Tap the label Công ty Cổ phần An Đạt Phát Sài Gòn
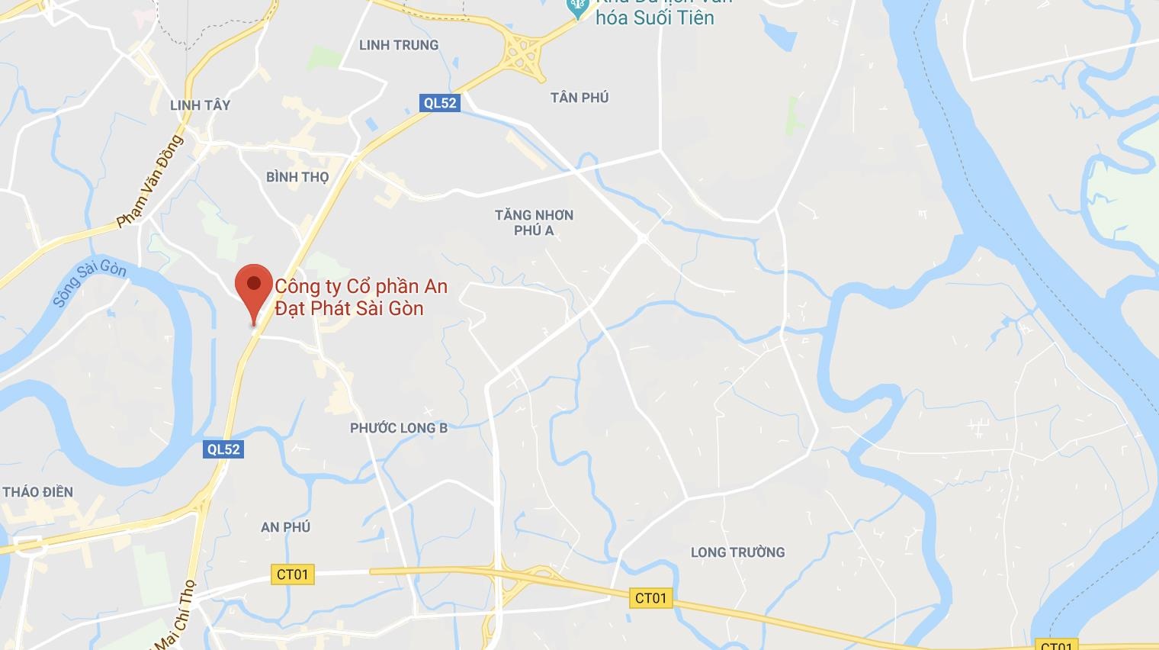361,298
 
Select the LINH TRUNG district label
399,45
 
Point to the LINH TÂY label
200,105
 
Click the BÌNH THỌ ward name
297,177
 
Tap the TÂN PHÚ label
579,98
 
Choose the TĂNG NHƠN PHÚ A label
534,223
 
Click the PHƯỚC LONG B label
399,428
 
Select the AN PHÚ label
285,527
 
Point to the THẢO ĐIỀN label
38,492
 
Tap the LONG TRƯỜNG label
737,552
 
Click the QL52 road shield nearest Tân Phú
440,103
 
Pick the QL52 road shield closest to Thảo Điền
224,449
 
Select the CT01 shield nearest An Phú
292,574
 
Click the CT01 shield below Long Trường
651,598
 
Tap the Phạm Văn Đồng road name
151,182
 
